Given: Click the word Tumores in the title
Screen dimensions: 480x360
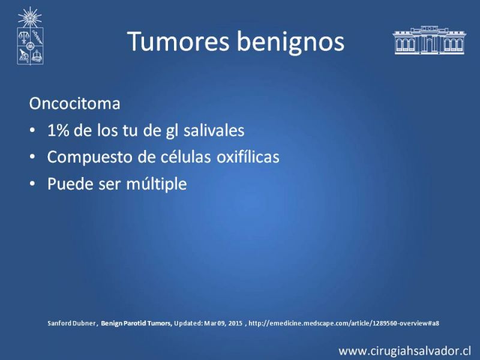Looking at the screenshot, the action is coord(178,41).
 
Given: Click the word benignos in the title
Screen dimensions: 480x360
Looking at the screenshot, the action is coord(291,43).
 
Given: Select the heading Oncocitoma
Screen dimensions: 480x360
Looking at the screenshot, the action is coord(74,103).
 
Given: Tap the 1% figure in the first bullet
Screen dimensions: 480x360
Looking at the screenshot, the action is coord(58,130).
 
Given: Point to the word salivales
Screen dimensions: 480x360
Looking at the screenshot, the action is coord(214,130).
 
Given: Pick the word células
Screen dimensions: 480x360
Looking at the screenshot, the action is coord(191,157).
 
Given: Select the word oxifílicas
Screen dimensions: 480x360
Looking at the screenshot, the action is coord(248,157).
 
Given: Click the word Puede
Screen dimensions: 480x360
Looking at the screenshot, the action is coord(70,184).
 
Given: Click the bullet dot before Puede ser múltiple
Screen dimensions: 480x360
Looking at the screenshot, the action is coord(32,184).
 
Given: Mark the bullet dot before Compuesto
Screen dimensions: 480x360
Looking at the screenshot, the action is coord(32,157).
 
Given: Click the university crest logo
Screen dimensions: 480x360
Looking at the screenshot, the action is coord(30,36).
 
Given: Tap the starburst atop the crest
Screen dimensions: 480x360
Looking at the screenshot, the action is coord(29,17).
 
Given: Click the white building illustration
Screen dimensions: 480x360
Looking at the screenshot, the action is coord(429,40).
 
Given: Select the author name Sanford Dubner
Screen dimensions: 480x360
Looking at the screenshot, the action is coord(71,323).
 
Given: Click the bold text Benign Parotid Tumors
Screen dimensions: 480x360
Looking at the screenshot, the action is coord(137,323).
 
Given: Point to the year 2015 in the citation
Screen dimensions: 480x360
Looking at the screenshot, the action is coord(235,323).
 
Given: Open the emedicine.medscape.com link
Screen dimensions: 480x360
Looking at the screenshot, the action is coord(344,323).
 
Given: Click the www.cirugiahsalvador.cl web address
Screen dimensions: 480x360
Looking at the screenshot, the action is coord(404,351).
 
